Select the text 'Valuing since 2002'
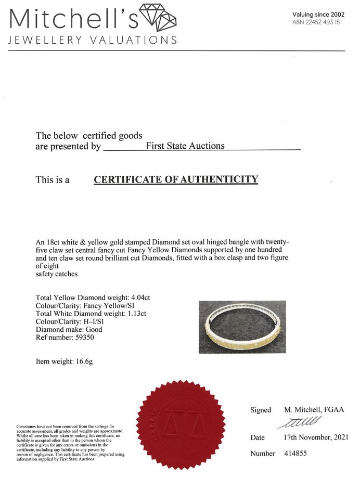coord(318,15)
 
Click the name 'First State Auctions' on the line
coord(185,146)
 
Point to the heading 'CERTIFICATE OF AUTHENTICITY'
coord(176,180)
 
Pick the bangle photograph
coord(242,327)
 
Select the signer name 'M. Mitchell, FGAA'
coord(314,410)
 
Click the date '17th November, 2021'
coord(316,437)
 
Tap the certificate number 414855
coord(296,454)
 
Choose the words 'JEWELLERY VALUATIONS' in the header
coord(92,40)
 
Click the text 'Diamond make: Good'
coord(69,329)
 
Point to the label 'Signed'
coord(261,410)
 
